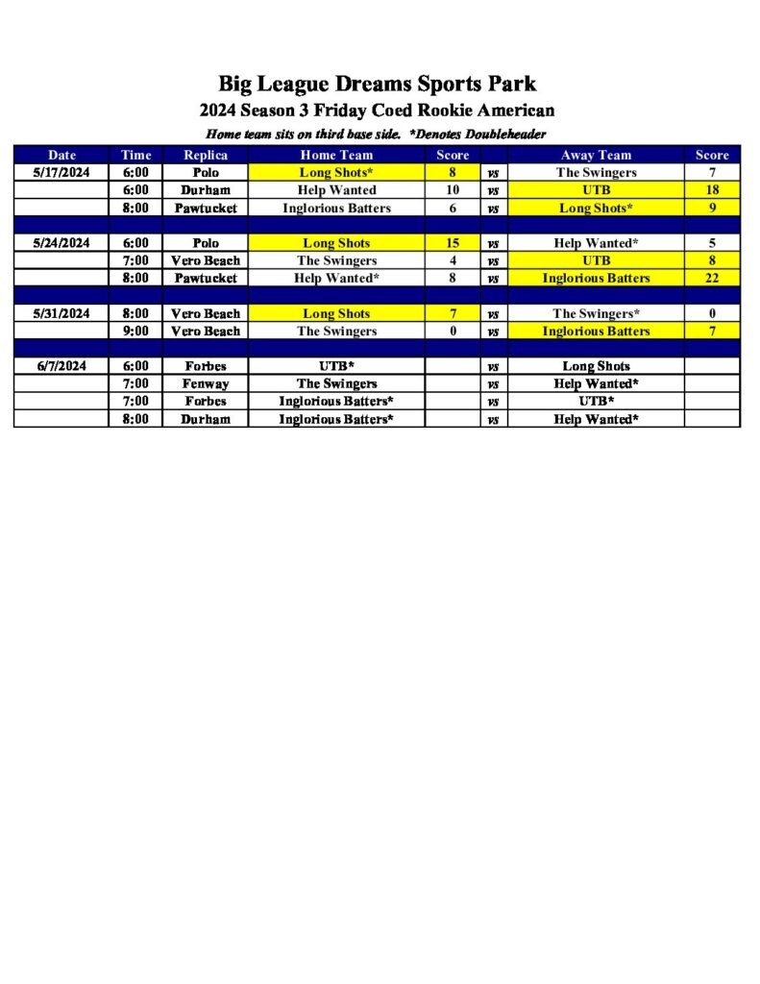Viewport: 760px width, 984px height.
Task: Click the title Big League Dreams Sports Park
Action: point(377,84)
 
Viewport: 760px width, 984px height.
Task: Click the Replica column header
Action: point(205,155)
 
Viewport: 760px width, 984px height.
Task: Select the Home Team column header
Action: point(336,155)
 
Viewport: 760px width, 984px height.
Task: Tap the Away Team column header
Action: point(596,155)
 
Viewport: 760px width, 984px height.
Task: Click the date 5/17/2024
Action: point(61,173)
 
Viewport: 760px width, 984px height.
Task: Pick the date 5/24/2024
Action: point(61,243)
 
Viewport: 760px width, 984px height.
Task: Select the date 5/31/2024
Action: point(61,313)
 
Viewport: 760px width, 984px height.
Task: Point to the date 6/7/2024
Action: point(61,366)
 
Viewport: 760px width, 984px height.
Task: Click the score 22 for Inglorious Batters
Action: point(712,279)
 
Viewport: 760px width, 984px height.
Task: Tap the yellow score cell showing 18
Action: point(712,190)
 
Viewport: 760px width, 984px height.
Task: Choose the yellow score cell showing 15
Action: point(452,243)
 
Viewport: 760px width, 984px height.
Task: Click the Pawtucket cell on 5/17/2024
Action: point(205,208)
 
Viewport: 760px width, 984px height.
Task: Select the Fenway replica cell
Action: point(205,383)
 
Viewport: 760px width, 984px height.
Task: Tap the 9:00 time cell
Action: point(136,331)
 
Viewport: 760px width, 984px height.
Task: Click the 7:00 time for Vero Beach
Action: point(136,260)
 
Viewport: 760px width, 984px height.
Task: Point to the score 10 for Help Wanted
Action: point(452,190)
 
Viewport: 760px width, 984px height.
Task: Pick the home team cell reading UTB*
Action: point(336,366)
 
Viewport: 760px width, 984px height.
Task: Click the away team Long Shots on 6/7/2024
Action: point(596,366)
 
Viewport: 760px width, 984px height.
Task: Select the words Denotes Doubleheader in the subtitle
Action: point(482,134)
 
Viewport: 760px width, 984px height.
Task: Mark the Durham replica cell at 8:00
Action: point(205,419)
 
